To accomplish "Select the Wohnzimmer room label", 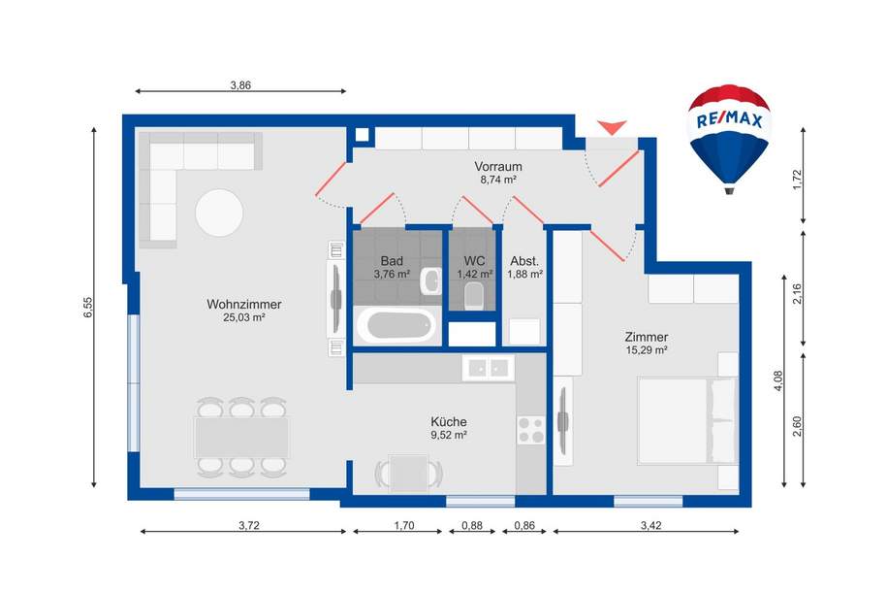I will tap(237, 304).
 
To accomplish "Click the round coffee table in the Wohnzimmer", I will tap(220, 212).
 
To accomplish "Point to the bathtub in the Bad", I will tap(397, 325).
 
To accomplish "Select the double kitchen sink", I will tap(488, 367).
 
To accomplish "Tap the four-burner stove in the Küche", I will tap(530, 430).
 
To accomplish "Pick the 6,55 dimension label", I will tap(86, 307).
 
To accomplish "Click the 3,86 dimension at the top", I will tap(240, 85).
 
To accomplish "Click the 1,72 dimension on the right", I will tap(799, 180).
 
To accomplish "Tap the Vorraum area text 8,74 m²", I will tap(498, 180).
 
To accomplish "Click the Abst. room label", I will tap(524, 261).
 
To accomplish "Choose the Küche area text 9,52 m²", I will tap(449, 436).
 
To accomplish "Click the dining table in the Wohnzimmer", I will tap(241, 437).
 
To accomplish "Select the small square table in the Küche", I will tap(410, 473).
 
